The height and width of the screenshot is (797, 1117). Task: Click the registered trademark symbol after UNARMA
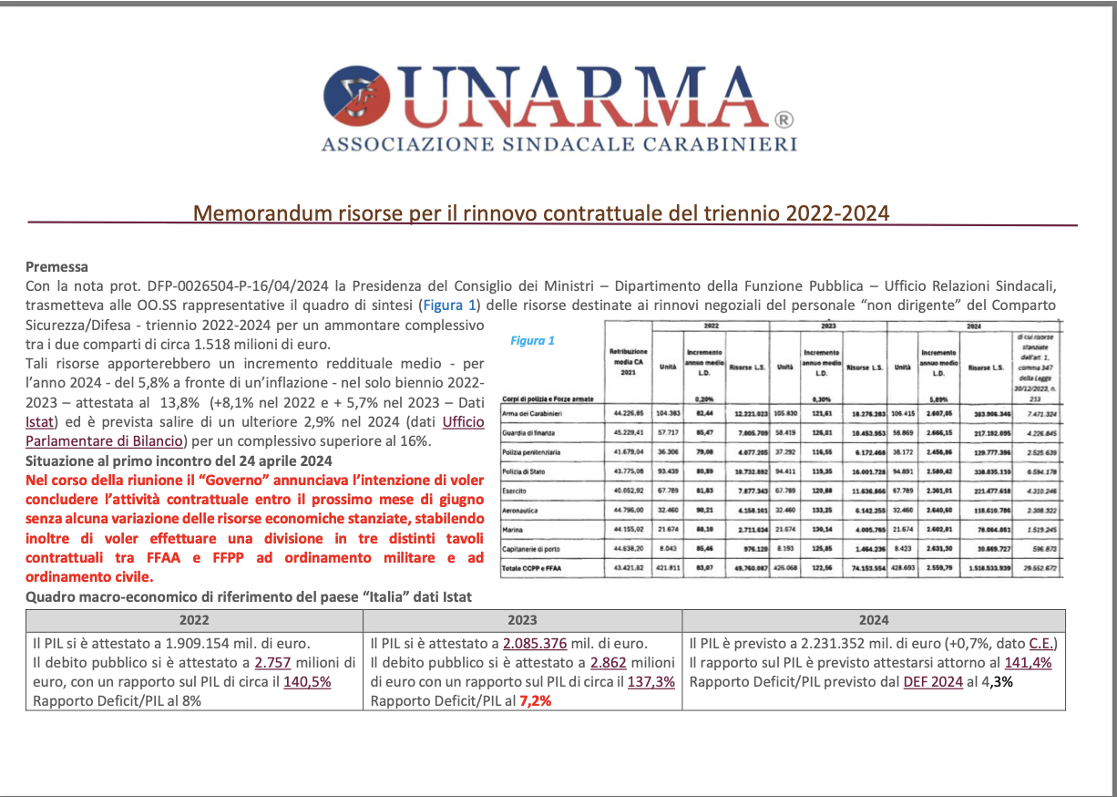pyautogui.click(x=784, y=120)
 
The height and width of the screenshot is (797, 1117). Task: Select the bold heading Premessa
pyautogui.click(x=56, y=267)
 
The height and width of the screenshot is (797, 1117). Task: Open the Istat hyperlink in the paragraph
pyautogui.click(x=41, y=421)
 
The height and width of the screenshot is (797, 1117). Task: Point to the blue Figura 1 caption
pyautogui.click(x=532, y=341)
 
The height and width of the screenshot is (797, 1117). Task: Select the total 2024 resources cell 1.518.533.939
pyautogui.click(x=985, y=570)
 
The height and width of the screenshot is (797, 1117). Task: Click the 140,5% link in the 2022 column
pyautogui.click(x=308, y=681)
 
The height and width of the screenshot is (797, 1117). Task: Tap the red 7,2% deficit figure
pyautogui.click(x=534, y=701)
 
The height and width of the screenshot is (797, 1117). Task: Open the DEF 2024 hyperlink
pyautogui.click(x=933, y=681)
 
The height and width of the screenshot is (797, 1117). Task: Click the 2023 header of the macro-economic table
pyautogui.click(x=522, y=620)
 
